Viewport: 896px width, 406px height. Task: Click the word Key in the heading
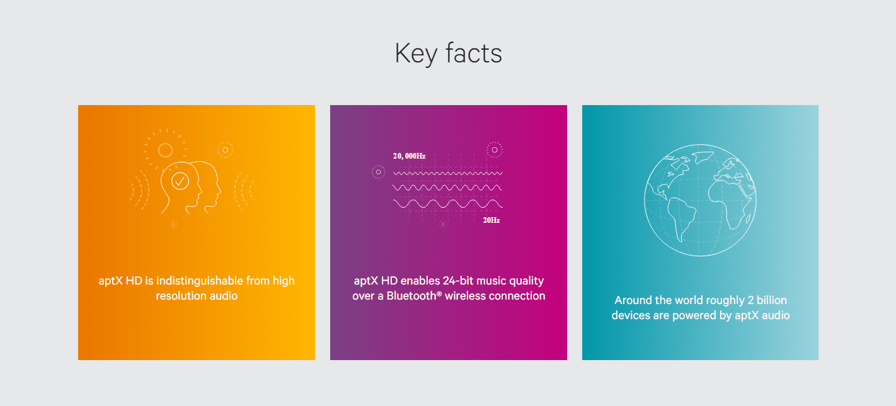(x=416, y=54)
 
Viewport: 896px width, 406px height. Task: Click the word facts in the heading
(x=474, y=53)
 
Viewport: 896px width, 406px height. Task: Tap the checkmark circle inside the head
(x=180, y=181)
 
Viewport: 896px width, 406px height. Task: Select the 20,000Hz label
(x=409, y=156)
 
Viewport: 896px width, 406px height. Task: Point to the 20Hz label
(x=491, y=220)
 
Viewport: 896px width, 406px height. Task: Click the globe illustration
(x=700, y=200)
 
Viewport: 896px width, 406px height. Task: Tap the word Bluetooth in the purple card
(x=411, y=296)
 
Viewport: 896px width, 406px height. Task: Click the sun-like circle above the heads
(x=165, y=150)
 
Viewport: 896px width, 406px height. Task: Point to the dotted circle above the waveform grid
(x=495, y=150)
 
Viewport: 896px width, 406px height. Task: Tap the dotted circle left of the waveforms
(x=379, y=172)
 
